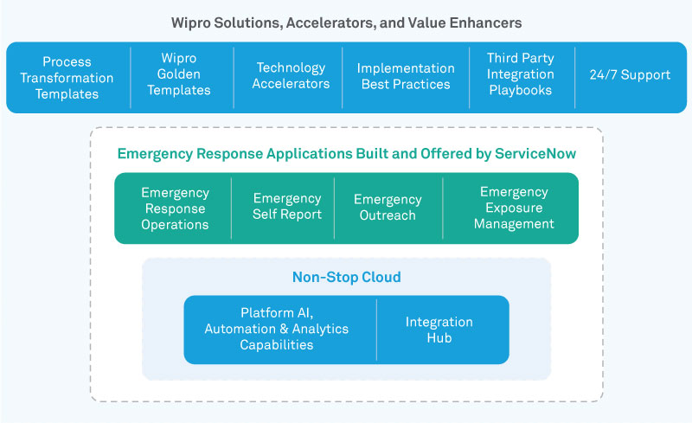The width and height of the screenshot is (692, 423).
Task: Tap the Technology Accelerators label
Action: tap(291, 75)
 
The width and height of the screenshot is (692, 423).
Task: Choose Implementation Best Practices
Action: tap(405, 76)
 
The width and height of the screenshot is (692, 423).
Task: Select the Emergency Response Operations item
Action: tap(175, 208)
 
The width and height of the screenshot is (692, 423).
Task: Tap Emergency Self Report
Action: tap(286, 206)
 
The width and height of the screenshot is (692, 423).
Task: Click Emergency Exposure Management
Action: tap(514, 208)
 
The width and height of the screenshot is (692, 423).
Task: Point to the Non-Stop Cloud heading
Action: tap(346, 278)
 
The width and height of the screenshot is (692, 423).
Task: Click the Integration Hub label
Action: tap(439, 330)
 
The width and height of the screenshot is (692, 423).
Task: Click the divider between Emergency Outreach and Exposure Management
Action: tap(443, 208)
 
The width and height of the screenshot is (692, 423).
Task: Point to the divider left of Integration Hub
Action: tap(377, 330)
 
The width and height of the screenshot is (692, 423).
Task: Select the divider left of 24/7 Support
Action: tap(575, 76)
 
